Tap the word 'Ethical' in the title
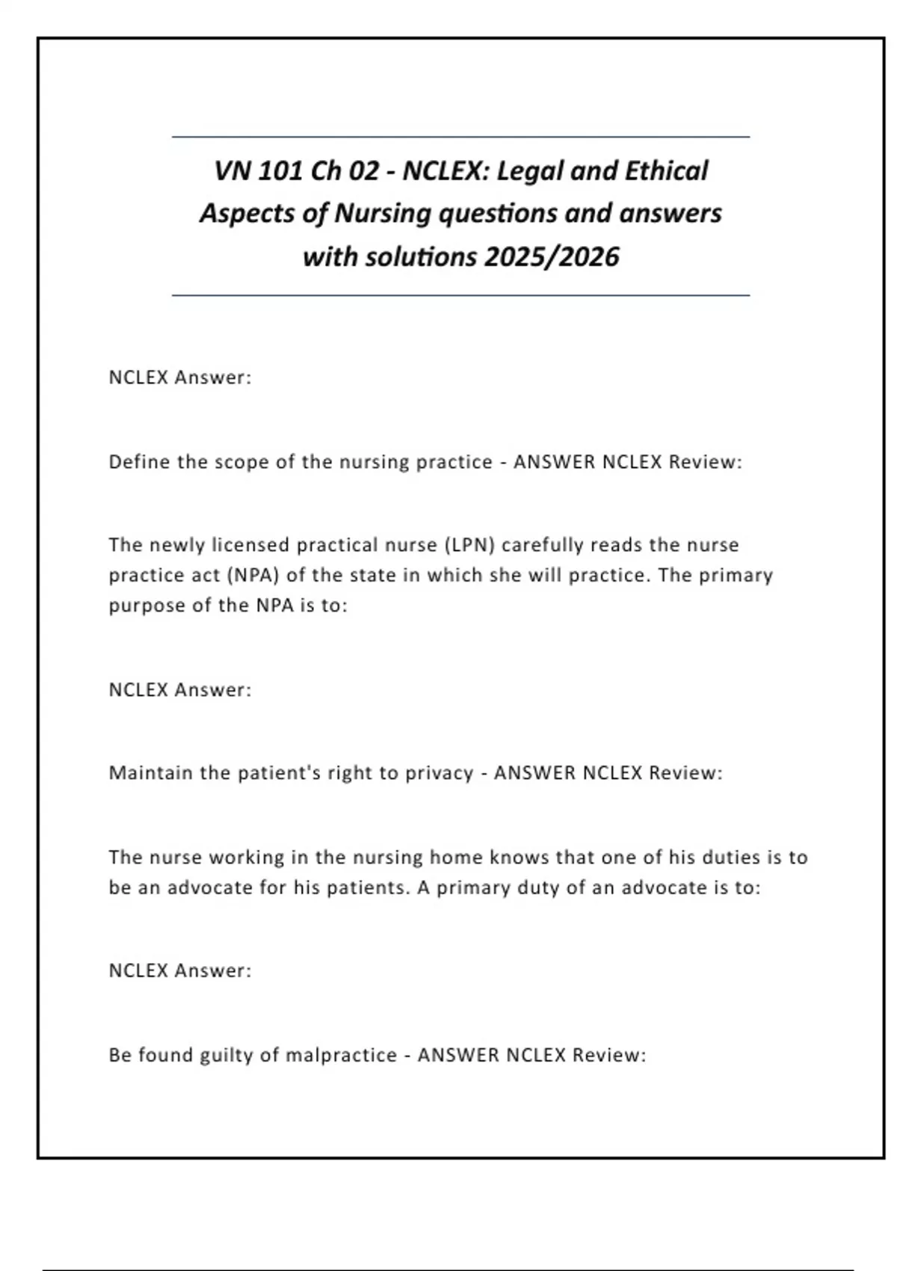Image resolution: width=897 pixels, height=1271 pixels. click(x=666, y=171)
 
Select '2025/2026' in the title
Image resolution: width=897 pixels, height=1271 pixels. click(x=552, y=257)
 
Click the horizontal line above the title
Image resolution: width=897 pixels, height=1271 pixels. click(x=460, y=137)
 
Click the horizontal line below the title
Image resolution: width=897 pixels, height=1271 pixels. click(x=460, y=295)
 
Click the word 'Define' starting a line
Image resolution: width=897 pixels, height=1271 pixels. click(x=139, y=462)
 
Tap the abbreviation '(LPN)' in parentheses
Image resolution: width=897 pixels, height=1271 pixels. click(x=469, y=545)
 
